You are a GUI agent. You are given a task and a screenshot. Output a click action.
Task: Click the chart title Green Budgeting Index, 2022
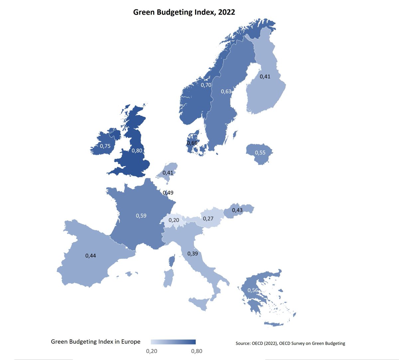[184, 12]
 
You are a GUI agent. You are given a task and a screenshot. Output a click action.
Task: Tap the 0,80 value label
[137, 151]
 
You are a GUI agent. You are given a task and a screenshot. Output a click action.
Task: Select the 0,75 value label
[105, 146]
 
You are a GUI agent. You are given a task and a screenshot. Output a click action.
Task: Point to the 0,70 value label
[206, 85]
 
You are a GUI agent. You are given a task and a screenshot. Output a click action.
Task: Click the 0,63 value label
[226, 91]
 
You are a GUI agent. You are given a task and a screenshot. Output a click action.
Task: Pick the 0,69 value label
[192, 143]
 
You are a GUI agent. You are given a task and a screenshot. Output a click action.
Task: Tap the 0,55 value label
[260, 153]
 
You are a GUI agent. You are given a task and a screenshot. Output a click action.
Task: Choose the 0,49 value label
[168, 192]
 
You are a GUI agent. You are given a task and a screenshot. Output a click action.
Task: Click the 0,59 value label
[141, 216]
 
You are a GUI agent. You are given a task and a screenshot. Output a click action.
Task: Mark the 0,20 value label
[174, 220]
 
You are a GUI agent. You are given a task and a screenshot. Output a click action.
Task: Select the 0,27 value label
[208, 219]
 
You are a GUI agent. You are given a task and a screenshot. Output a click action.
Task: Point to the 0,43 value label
[237, 210]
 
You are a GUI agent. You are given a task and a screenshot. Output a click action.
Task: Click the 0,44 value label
[91, 256]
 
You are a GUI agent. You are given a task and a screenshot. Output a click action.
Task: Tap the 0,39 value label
[193, 254]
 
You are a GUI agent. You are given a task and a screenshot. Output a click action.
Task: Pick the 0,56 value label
[253, 290]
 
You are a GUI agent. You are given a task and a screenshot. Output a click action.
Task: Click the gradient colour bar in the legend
[173, 342]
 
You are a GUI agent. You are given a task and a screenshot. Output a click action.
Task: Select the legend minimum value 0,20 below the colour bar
[152, 351]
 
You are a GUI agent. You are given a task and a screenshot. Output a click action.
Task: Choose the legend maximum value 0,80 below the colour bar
[197, 351]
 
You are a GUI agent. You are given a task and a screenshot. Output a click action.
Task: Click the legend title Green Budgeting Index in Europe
[96, 342]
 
